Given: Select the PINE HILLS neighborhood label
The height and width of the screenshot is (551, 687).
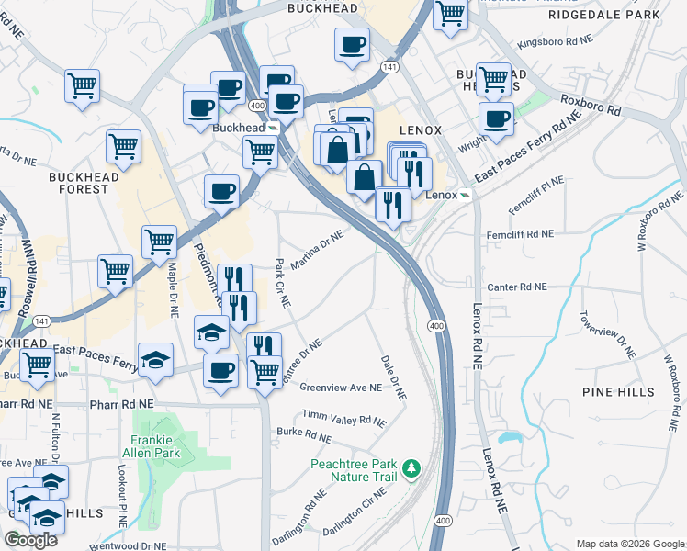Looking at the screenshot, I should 619,392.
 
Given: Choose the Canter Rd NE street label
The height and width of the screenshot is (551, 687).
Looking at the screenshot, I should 517,287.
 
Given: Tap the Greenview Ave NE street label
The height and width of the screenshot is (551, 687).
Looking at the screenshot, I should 341,388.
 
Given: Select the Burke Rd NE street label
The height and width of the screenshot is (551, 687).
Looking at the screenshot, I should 304,433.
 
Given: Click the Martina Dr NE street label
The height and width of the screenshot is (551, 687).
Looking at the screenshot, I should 317,251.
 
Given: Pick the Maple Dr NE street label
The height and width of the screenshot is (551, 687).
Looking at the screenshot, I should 172,291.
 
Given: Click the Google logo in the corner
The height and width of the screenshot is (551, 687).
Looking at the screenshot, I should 30,540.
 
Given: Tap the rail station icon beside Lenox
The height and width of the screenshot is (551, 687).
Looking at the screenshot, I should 466,196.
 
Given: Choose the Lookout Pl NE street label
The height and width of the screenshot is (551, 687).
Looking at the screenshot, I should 120,492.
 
